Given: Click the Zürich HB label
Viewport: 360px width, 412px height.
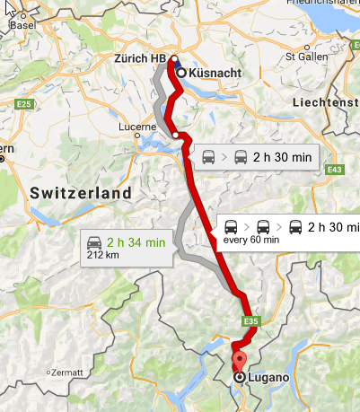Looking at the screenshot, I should point(139,59).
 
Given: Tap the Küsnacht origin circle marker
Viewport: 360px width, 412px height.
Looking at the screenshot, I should point(181,72).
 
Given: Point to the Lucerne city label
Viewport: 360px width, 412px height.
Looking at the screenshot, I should point(137,127).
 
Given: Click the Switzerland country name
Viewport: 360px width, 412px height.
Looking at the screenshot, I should point(80,193).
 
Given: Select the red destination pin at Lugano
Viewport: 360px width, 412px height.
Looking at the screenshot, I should point(239,363).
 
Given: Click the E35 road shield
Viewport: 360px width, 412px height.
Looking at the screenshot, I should point(250,320).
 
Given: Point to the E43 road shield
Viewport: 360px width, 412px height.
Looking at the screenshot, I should point(336,169).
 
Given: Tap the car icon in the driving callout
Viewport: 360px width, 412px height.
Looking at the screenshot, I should point(93,241).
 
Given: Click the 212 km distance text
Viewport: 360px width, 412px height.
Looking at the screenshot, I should point(101,255).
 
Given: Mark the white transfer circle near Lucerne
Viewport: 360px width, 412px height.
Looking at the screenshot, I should point(176,136).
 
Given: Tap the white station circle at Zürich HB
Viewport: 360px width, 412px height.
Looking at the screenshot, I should point(172,60).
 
